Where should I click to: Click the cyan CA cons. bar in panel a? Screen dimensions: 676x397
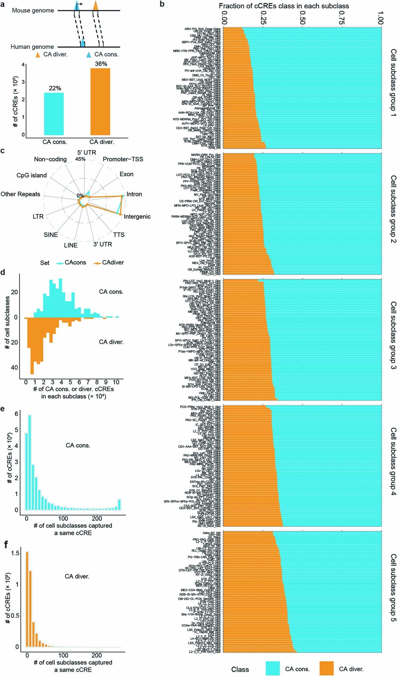pyautogui.click(x=54, y=114)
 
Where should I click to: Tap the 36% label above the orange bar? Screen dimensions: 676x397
pyautogui.click(x=101, y=64)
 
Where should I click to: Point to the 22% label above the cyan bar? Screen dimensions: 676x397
pyautogui.click(x=55, y=88)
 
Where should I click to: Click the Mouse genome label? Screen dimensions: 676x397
pyautogui.click(x=33, y=10)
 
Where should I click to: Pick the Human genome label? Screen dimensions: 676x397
pyautogui.click(x=32, y=47)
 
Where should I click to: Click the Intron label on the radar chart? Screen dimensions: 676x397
pyautogui.click(x=134, y=194)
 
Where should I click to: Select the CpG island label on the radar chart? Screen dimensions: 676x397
pyautogui.click(x=31, y=175)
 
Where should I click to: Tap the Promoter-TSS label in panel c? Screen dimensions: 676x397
pyautogui.click(x=123, y=159)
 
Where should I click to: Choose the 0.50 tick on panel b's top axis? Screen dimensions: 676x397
pyautogui.click(x=302, y=18)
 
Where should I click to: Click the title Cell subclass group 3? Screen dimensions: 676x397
pyautogui.click(x=393, y=339)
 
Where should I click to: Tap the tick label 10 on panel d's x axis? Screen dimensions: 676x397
pyautogui.click(x=116, y=382)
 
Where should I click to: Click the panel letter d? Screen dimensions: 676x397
pyautogui.click(x=3, y=273)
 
